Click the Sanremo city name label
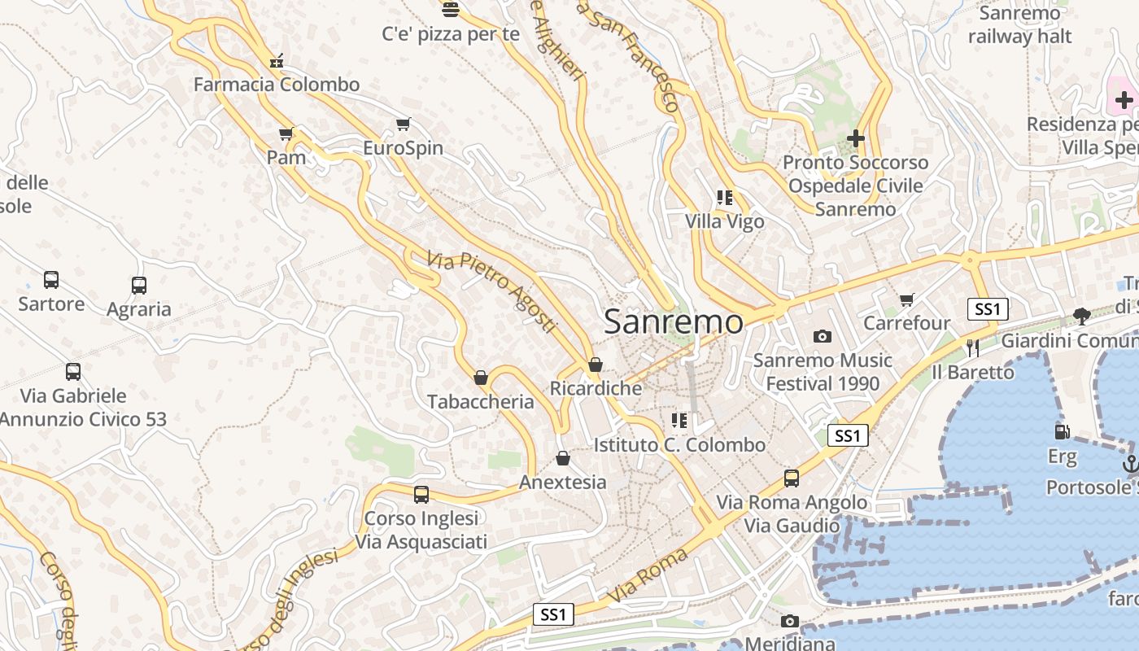pos(673,322)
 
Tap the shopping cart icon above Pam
pos(286,133)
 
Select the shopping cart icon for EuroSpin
pos(403,125)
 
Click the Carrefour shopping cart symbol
pos(907,299)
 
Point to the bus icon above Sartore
pos(51,280)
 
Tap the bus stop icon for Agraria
pos(139,286)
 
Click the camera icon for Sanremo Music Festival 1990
pos(823,336)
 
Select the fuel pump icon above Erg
pos(1061,432)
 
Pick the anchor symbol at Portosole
pos(1130,464)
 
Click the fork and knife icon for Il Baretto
pos(973,348)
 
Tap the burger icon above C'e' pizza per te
pos(451,10)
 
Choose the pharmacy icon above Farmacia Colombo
pos(277,61)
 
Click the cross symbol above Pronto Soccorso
pos(855,138)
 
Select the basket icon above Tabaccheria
pos(481,378)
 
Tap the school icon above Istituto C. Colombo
pos(679,421)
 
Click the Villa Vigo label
pos(724,221)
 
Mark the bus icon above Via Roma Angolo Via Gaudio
pos(792,478)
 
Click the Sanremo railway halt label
pos(1020,24)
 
